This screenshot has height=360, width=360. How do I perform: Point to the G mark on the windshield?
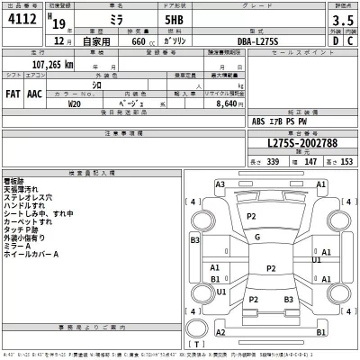pos(257,237)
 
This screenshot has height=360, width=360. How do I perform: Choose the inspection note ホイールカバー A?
pos(32,254)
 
